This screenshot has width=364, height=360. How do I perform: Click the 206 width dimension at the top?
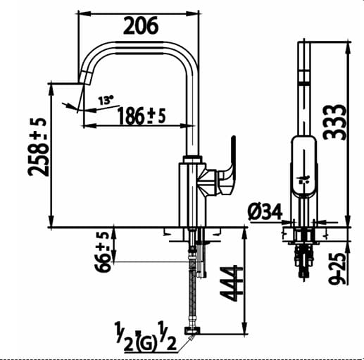coord(141,26)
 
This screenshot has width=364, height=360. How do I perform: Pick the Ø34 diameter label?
coord(264,210)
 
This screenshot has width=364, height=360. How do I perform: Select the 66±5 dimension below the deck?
coord(103,252)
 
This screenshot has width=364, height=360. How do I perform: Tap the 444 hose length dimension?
coord(232,284)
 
